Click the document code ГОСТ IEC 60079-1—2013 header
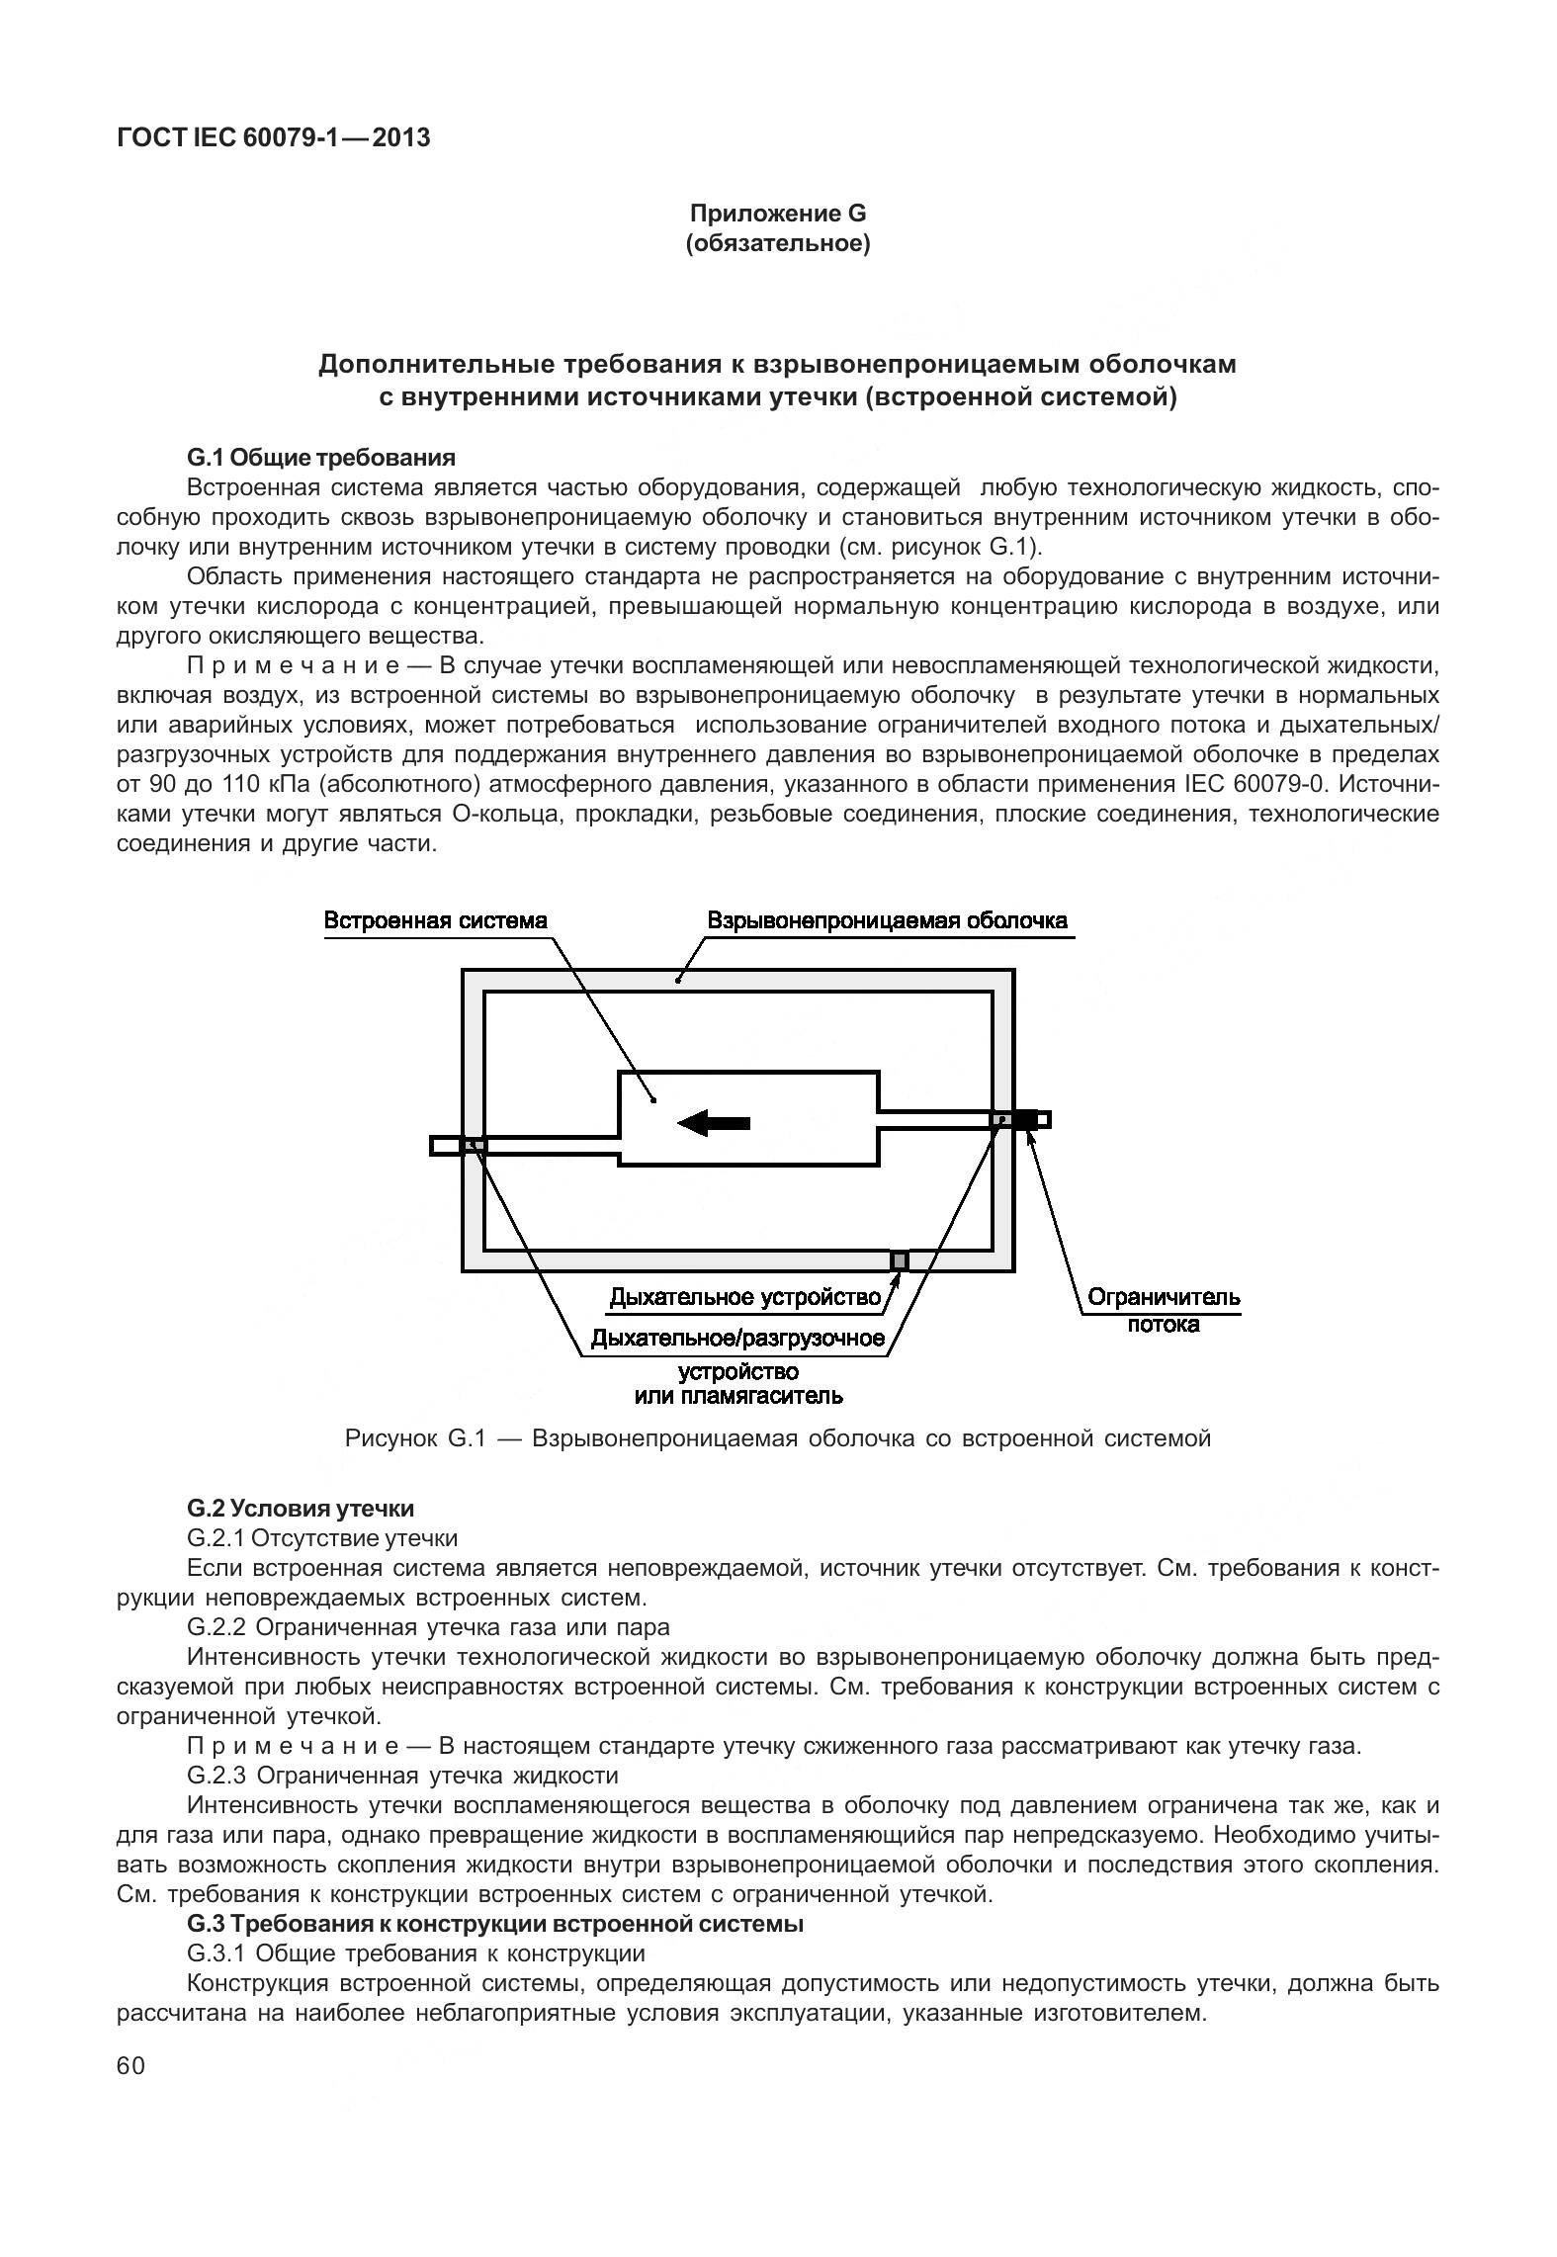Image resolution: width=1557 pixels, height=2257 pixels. pyautogui.click(x=273, y=137)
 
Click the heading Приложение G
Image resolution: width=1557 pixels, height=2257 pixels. pyautogui.click(x=777, y=214)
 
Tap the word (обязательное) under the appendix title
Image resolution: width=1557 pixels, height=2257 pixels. pyautogui.click(x=777, y=243)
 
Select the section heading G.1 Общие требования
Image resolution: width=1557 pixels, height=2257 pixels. pyautogui.click(x=320, y=458)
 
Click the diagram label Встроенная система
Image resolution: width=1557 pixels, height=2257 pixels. pyautogui.click(x=435, y=920)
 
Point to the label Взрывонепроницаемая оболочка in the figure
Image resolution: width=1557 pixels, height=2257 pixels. pyautogui.click(x=887, y=920)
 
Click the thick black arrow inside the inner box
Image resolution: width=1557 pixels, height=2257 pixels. pyautogui.click(x=714, y=1122)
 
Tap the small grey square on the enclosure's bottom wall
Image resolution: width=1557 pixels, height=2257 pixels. pyautogui.click(x=899, y=1259)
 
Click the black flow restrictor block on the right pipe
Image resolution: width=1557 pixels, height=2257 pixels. pyautogui.click(x=1024, y=1119)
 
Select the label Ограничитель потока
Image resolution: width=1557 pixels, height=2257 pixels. pyautogui.click(x=1163, y=1310)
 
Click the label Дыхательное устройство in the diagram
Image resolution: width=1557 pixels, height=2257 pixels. pyautogui.click(x=743, y=1297)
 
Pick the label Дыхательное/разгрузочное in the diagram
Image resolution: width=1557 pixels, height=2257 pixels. pyautogui.click(x=736, y=1339)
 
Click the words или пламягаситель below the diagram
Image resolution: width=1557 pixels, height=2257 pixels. pyautogui.click(x=737, y=1396)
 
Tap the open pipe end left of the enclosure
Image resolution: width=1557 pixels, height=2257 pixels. pyautogui.click(x=445, y=1145)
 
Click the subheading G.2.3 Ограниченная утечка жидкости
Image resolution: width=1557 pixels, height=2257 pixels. pyautogui.click(x=402, y=1776)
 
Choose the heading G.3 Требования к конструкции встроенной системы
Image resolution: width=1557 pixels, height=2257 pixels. pyautogui.click(x=494, y=1924)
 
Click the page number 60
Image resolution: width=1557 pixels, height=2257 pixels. pyautogui.click(x=130, y=2067)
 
